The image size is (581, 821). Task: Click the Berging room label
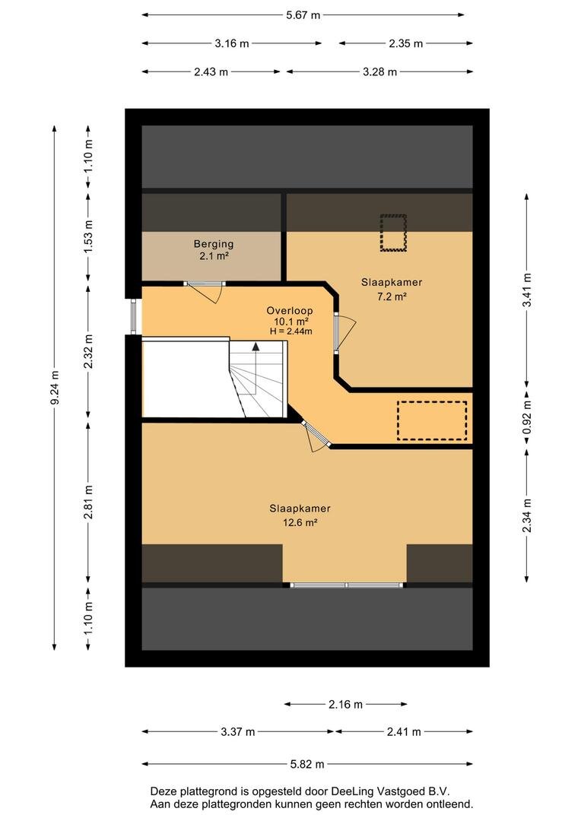(x=213, y=243)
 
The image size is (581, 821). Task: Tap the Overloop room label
(x=290, y=310)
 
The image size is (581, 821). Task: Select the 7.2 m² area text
(x=392, y=296)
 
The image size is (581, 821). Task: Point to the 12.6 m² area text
(x=300, y=522)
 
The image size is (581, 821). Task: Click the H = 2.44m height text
(x=290, y=331)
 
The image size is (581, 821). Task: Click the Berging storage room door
(x=205, y=291)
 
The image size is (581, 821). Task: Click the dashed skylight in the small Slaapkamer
(x=393, y=233)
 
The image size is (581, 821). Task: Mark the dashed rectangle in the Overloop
(x=432, y=420)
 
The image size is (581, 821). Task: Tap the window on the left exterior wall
(x=133, y=316)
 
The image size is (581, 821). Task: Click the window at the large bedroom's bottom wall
(x=346, y=585)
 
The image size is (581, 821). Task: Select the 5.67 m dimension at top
(x=303, y=14)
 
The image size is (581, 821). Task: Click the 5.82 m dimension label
(x=307, y=764)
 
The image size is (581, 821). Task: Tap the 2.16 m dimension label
(x=346, y=704)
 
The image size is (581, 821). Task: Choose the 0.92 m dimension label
(x=527, y=417)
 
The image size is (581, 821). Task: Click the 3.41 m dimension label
(x=527, y=290)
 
